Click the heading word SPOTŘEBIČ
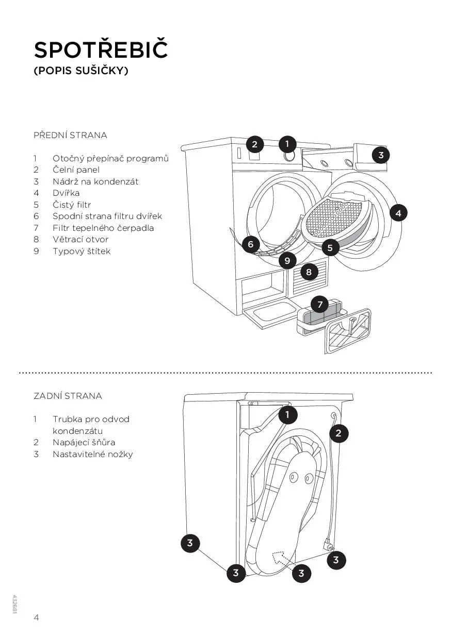click(x=101, y=50)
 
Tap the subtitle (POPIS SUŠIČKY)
click(x=80, y=71)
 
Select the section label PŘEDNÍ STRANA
click(x=70, y=136)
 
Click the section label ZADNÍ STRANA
click(x=68, y=396)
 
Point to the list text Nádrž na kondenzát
click(x=95, y=181)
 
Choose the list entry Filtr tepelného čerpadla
click(x=103, y=228)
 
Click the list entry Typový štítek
click(x=82, y=251)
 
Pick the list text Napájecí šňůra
click(x=84, y=442)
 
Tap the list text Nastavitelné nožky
click(x=92, y=454)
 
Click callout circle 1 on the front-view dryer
click(x=287, y=144)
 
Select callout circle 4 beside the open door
click(x=398, y=212)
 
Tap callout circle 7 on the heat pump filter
click(x=320, y=305)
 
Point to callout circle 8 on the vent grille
click(x=309, y=272)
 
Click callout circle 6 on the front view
click(x=251, y=244)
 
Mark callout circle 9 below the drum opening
click(x=287, y=261)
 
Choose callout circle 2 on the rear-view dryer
click(x=339, y=433)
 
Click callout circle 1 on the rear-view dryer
click(x=287, y=414)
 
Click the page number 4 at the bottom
click(x=36, y=617)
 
